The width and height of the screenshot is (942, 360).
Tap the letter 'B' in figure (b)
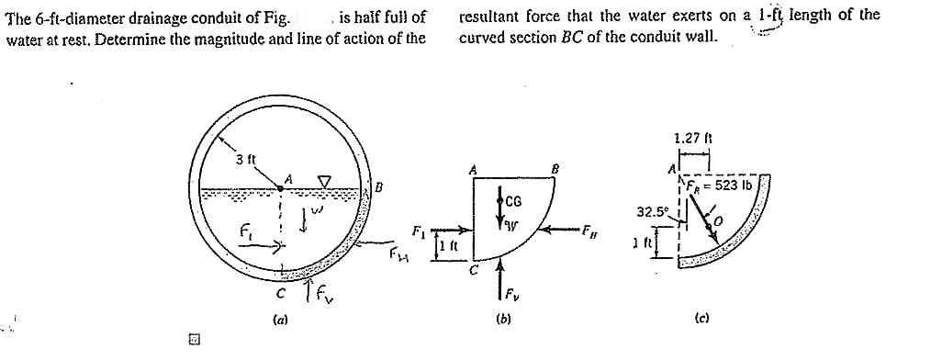(x=554, y=168)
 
